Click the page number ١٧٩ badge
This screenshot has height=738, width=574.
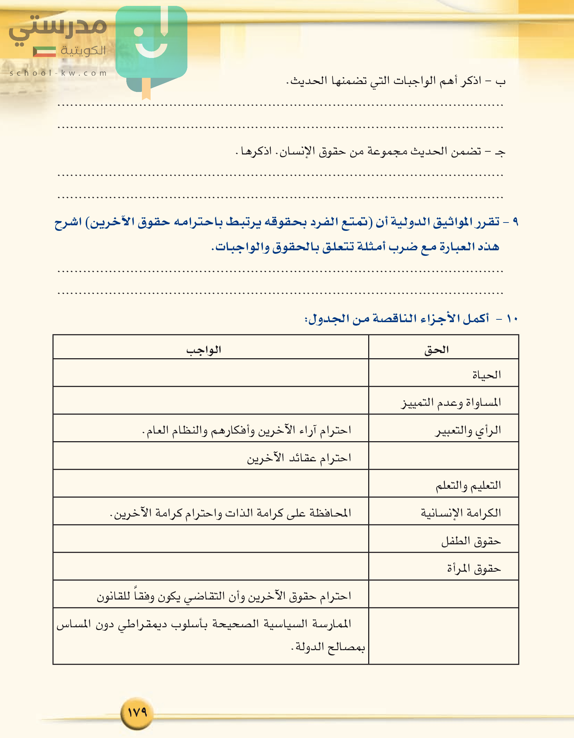(137, 713)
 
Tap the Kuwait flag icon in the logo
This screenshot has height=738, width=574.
(44, 51)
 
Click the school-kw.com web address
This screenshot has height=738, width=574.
(58, 73)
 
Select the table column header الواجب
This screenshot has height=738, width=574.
(204, 350)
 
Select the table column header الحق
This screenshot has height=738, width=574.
(437, 350)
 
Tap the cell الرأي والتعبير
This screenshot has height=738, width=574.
(468, 430)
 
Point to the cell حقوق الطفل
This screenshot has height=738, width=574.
(471, 541)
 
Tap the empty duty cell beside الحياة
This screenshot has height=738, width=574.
(211, 373)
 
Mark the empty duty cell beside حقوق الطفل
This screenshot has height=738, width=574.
(211, 539)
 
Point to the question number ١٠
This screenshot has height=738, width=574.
(512, 319)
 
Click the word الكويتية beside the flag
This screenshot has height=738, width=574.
(83, 51)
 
